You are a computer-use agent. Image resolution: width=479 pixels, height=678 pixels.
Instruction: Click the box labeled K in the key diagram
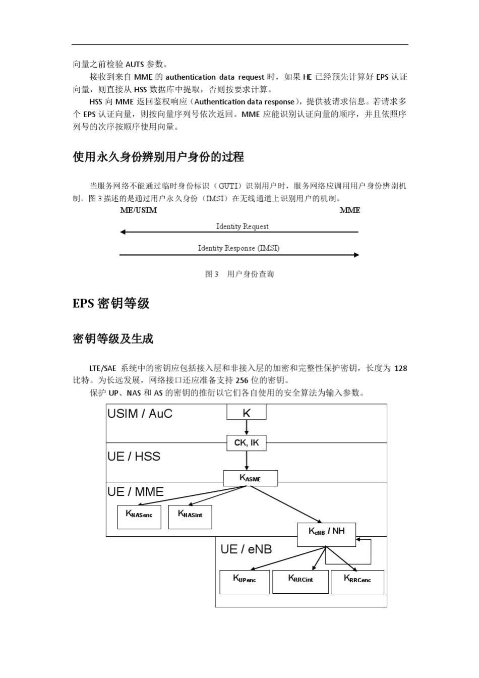[246, 412]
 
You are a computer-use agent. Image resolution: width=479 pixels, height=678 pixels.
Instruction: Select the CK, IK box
[246, 443]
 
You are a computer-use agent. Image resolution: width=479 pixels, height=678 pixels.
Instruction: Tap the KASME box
[250, 478]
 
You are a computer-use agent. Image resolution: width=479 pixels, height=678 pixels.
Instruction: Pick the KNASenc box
[139, 517]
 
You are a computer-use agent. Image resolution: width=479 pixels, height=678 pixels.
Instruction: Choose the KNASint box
[190, 517]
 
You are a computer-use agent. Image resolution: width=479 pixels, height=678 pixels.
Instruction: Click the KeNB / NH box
[326, 534]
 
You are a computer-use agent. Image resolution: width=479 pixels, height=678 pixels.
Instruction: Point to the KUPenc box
[245, 582]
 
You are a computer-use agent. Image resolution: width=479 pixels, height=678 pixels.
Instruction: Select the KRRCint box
[301, 582]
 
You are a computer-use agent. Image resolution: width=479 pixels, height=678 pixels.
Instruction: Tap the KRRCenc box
[357, 582]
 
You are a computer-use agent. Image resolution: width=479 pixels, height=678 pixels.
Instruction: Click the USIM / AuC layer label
[140, 414]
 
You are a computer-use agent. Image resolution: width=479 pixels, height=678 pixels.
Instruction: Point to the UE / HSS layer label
[134, 457]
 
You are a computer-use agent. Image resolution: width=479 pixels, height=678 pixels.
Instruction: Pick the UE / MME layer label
[135, 492]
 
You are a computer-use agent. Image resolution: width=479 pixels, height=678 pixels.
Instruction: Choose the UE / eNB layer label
[246, 549]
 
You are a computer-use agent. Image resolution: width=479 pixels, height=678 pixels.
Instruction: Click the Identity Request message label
[242, 227]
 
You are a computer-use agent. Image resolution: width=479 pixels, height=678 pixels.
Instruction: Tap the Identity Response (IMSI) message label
[238, 248]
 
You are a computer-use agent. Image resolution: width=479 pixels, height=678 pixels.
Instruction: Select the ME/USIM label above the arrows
[138, 210]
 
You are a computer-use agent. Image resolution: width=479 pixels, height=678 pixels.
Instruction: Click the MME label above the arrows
[350, 210]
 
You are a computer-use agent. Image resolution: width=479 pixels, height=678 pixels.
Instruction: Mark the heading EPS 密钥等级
[111, 304]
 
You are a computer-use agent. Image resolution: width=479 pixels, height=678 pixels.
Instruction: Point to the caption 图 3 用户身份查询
[239, 274]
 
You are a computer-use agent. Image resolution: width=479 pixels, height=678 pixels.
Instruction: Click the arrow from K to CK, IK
[246, 427]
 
